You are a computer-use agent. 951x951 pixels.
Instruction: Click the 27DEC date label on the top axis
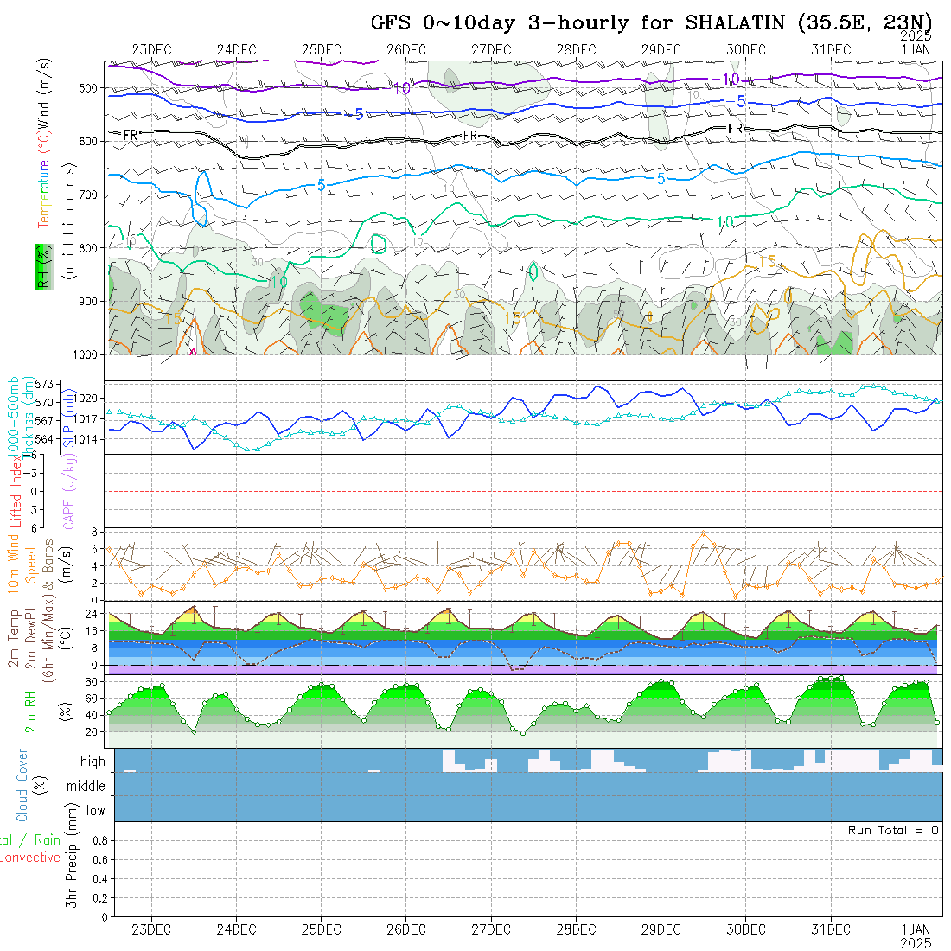[491, 49]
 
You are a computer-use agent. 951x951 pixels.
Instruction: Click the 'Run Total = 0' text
[893, 830]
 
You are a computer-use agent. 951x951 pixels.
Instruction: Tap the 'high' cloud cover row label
[93, 762]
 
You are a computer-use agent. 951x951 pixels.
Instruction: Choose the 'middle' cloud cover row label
[86, 786]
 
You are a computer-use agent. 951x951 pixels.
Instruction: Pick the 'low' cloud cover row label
[95, 811]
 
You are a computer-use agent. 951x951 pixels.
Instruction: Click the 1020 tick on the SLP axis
[92, 399]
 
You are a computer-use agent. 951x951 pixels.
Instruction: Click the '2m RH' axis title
[30, 712]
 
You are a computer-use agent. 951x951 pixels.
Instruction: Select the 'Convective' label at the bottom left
[29, 858]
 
